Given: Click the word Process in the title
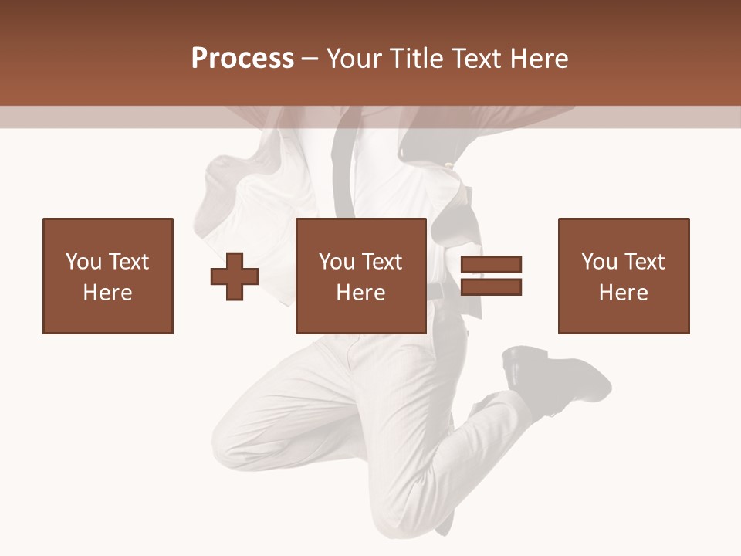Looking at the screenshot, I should [x=242, y=59].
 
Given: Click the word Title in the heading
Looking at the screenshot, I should [x=416, y=59].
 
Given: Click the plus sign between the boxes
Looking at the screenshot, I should [x=235, y=276].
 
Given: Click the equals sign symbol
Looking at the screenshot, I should [x=491, y=276].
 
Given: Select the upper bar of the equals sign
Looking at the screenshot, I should [x=491, y=265].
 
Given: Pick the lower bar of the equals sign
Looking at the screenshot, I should [x=491, y=286].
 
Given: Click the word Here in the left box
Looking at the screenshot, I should [x=108, y=293].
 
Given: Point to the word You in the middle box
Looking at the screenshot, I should [x=337, y=262].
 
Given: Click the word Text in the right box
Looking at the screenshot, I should [x=645, y=262].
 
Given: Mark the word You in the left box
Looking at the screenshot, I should [x=83, y=262].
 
